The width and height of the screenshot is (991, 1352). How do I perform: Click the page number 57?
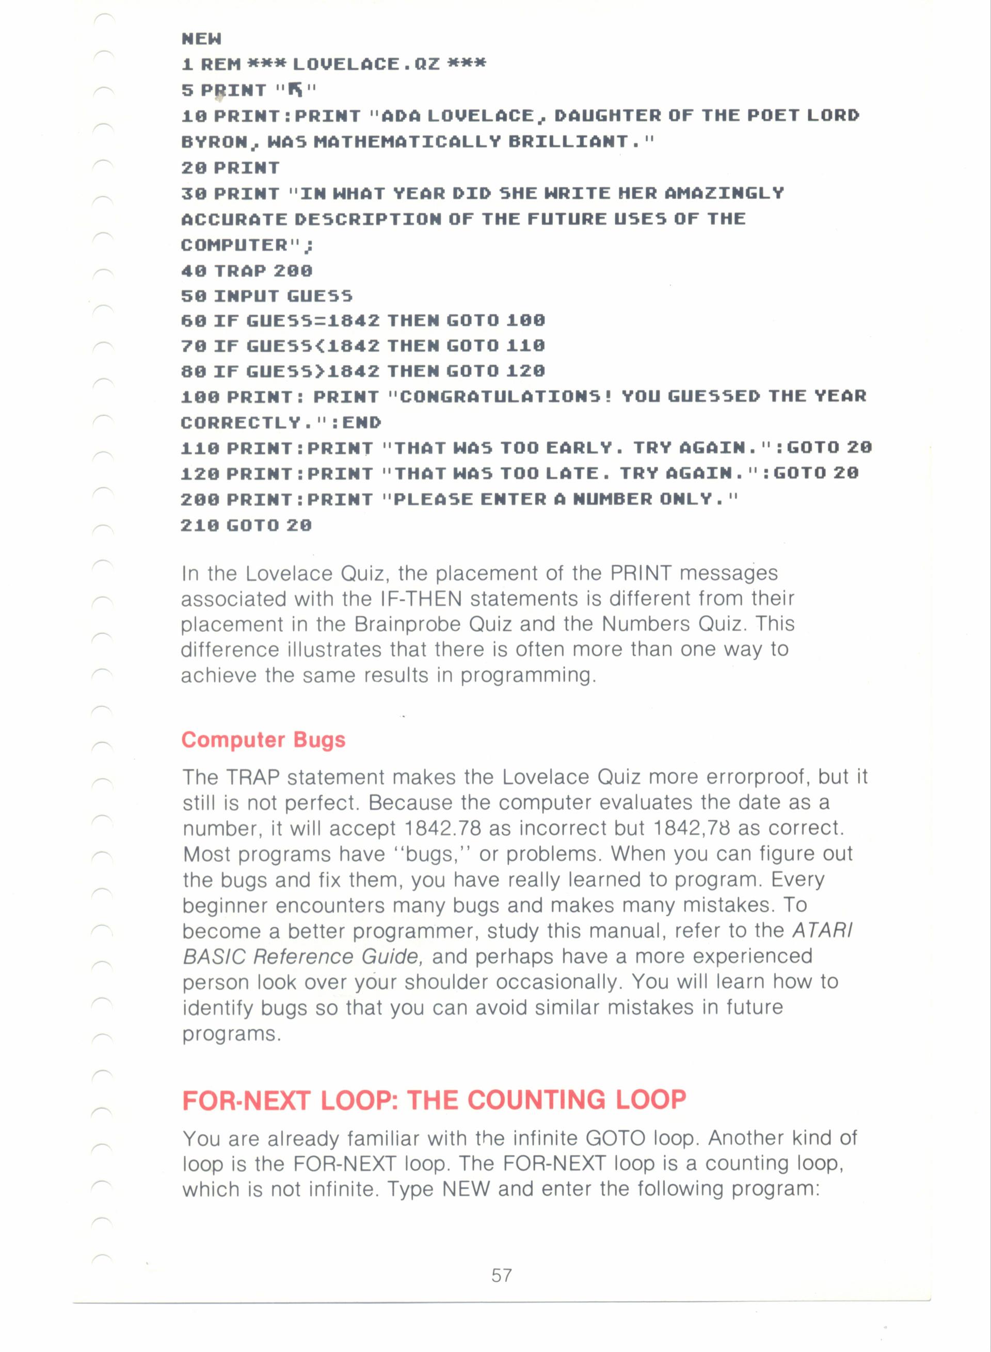click(x=502, y=1275)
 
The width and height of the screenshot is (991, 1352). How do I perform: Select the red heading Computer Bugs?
click(x=263, y=739)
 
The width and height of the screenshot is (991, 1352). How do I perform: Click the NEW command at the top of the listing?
click(x=202, y=39)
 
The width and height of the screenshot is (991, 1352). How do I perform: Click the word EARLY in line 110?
click(x=579, y=448)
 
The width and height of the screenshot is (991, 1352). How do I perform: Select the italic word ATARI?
click(x=822, y=930)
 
